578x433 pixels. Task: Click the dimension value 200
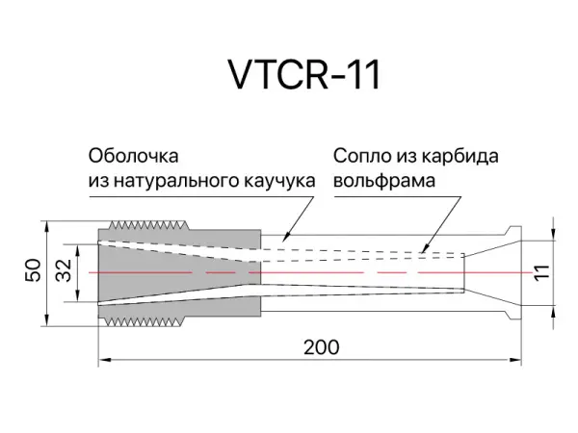tap(320, 346)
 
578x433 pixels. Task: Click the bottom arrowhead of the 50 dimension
tap(48, 322)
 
